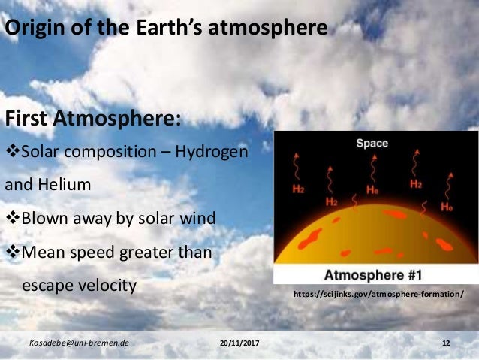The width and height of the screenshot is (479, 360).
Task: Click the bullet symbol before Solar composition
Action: pos(11,153)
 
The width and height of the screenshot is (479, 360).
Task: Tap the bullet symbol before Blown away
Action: pos(11,218)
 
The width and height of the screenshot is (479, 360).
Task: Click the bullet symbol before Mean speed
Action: pos(11,252)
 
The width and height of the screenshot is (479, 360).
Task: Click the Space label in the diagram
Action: pos(372,143)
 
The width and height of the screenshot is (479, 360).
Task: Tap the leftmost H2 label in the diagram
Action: pos(299,189)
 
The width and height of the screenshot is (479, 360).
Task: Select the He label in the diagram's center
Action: pos(372,191)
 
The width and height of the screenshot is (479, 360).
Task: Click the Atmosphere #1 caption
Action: pos(375,272)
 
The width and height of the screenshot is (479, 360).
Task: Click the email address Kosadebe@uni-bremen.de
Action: pos(79,343)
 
